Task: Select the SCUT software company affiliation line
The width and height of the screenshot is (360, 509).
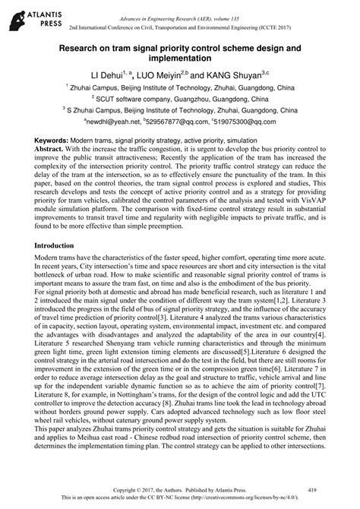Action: tap(180, 98)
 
